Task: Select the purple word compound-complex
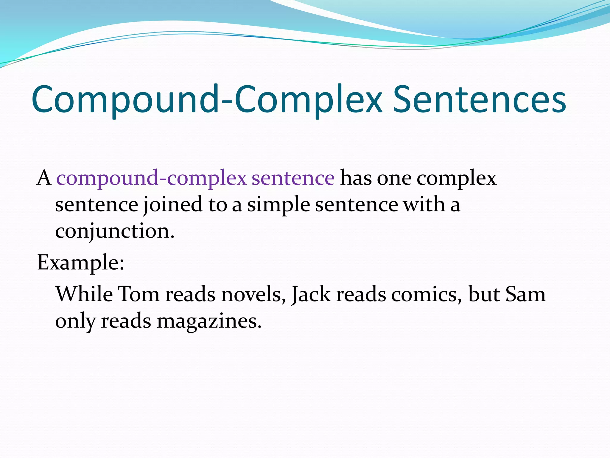(151, 178)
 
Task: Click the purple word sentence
(293, 178)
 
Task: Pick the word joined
(173, 205)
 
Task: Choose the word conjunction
(115, 231)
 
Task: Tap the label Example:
(81, 263)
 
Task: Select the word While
(84, 294)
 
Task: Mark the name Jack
(311, 294)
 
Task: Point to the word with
(424, 205)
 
